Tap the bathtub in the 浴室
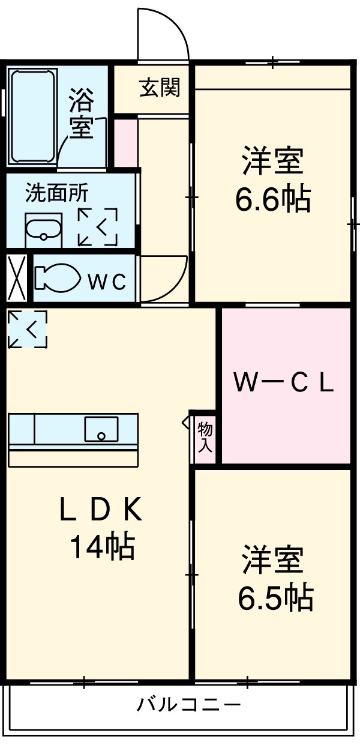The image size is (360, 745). (x=32, y=117)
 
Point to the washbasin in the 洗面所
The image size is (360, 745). (x=43, y=229)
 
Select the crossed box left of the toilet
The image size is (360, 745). (x=17, y=278)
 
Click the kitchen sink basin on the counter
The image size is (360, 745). (x=101, y=429)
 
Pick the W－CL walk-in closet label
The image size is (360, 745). (x=284, y=384)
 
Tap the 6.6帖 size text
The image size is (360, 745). (x=272, y=200)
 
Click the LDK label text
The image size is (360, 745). (x=101, y=511)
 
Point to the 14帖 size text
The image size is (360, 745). (x=102, y=546)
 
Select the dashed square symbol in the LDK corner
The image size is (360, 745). (x=28, y=328)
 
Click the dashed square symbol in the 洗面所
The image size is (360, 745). (x=97, y=227)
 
